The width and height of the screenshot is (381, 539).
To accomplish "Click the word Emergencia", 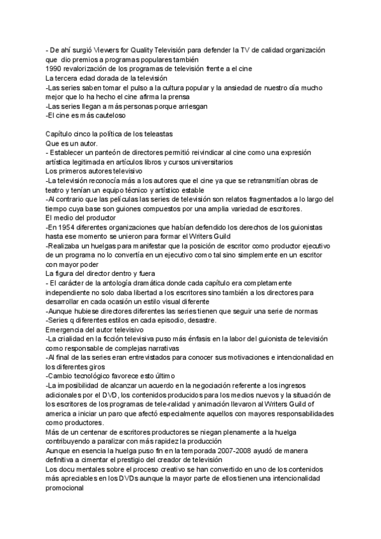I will [65, 330].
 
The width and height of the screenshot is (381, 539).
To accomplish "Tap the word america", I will [60, 414].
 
